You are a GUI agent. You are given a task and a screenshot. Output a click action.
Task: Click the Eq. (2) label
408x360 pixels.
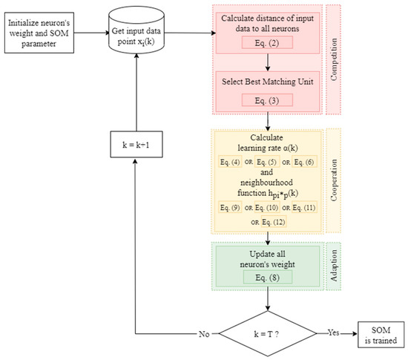click(269, 43)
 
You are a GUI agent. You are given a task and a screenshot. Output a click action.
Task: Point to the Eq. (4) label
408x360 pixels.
click(231, 163)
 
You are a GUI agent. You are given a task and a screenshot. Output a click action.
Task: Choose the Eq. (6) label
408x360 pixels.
click(306, 163)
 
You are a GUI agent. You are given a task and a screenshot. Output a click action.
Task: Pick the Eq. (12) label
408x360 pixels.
click(275, 221)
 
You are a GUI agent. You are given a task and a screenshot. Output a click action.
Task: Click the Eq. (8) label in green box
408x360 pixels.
click(269, 277)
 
